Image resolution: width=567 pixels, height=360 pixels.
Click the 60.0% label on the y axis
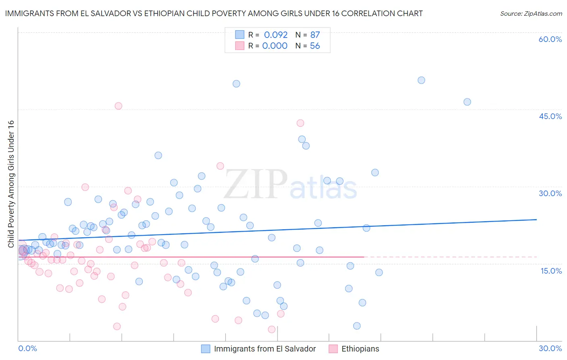pyautogui.click(x=550, y=39)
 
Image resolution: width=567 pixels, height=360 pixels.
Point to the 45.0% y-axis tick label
pyautogui.click(x=550, y=116)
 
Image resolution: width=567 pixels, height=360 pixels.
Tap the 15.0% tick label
pyautogui.click(x=551, y=271)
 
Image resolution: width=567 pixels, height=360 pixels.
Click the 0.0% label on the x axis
pyautogui.click(x=27, y=348)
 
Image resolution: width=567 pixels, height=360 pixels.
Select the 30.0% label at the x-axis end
pyautogui.click(x=550, y=348)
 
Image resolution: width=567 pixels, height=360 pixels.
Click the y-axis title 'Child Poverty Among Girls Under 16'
pyautogui.click(x=11, y=184)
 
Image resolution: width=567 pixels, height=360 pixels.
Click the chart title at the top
pyautogui.click(x=214, y=13)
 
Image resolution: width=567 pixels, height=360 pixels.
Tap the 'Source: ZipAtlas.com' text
pyautogui.click(x=531, y=13)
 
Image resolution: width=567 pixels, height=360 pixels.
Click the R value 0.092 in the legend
pyautogui.click(x=276, y=35)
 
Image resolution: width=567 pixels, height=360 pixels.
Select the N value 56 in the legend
pyautogui.click(x=315, y=46)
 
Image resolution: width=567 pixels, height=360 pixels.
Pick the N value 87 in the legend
pyautogui.click(x=315, y=35)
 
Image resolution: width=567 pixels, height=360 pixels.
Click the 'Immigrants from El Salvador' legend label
pyautogui.click(x=265, y=349)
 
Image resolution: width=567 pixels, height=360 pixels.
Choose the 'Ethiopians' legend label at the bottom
pyautogui.click(x=360, y=349)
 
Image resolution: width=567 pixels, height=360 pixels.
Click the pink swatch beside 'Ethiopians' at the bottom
pyautogui.click(x=333, y=349)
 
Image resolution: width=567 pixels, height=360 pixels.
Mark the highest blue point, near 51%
pyautogui.click(x=421, y=80)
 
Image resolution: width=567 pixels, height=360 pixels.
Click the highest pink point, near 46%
pyautogui.click(x=118, y=106)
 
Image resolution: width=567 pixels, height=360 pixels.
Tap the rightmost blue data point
pyautogui.click(x=467, y=102)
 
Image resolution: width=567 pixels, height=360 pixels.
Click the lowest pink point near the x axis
pyautogui.click(x=271, y=329)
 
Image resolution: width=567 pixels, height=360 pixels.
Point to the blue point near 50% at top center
pyautogui.click(x=236, y=84)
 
